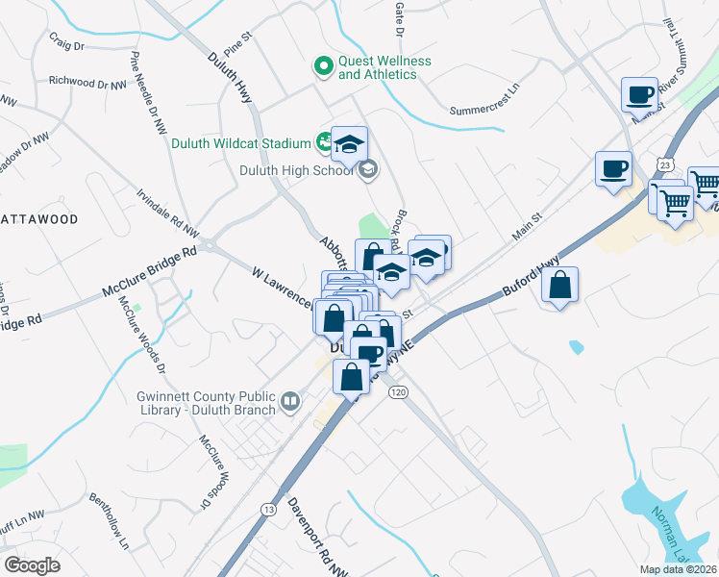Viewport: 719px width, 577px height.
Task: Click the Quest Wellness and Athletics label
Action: (383, 67)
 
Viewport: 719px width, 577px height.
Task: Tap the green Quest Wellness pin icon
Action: (323, 66)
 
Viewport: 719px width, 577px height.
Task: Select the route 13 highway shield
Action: (268, 508)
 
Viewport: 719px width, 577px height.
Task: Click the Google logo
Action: (33, 564)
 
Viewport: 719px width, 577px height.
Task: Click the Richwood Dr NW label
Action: (87, 83)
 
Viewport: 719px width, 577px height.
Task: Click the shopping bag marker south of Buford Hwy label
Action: (559, 287)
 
